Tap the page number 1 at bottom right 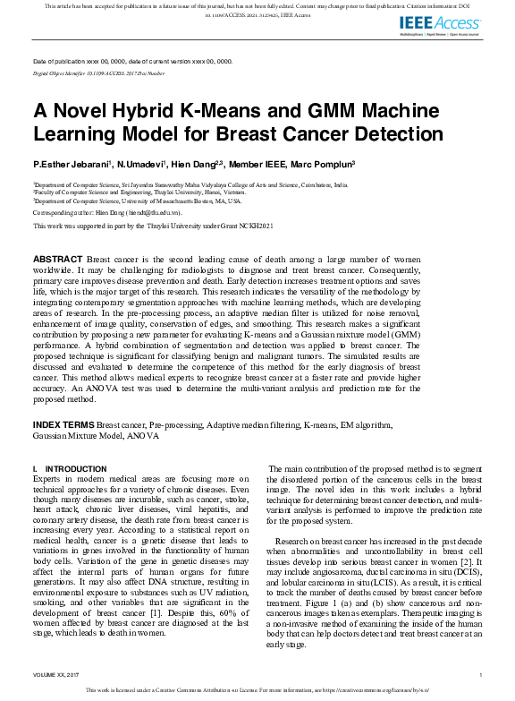[x=481, y=674]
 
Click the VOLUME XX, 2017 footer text [x=58, y=674]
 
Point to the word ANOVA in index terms [x=145, y=437]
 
